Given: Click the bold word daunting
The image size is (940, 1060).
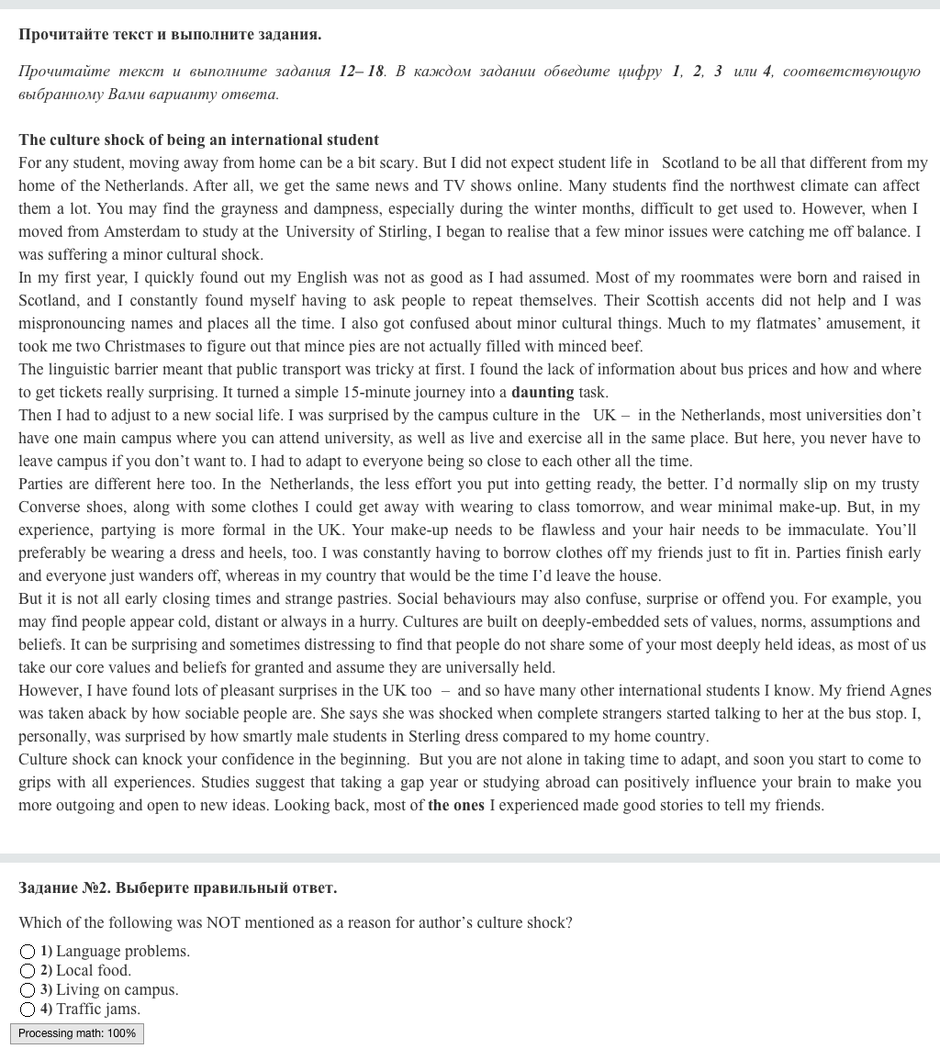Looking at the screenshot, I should (543, 392).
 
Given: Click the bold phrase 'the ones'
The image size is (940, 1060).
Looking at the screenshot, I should (455, 805).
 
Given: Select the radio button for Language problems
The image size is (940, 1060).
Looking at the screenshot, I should (28, 952).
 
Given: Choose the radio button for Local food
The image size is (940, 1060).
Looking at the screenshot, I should (28, 971).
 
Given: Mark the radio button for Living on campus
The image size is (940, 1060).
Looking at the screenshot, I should (28, 990).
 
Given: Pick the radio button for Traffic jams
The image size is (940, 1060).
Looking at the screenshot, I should (28, 1010).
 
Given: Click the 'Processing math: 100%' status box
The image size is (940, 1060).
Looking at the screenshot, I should (77, 1033).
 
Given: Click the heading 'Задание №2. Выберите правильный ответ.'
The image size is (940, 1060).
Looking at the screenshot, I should (177, 887).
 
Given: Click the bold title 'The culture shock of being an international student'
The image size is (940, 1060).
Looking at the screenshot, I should (198, 139).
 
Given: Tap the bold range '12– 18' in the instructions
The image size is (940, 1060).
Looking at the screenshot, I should (362, 71).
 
